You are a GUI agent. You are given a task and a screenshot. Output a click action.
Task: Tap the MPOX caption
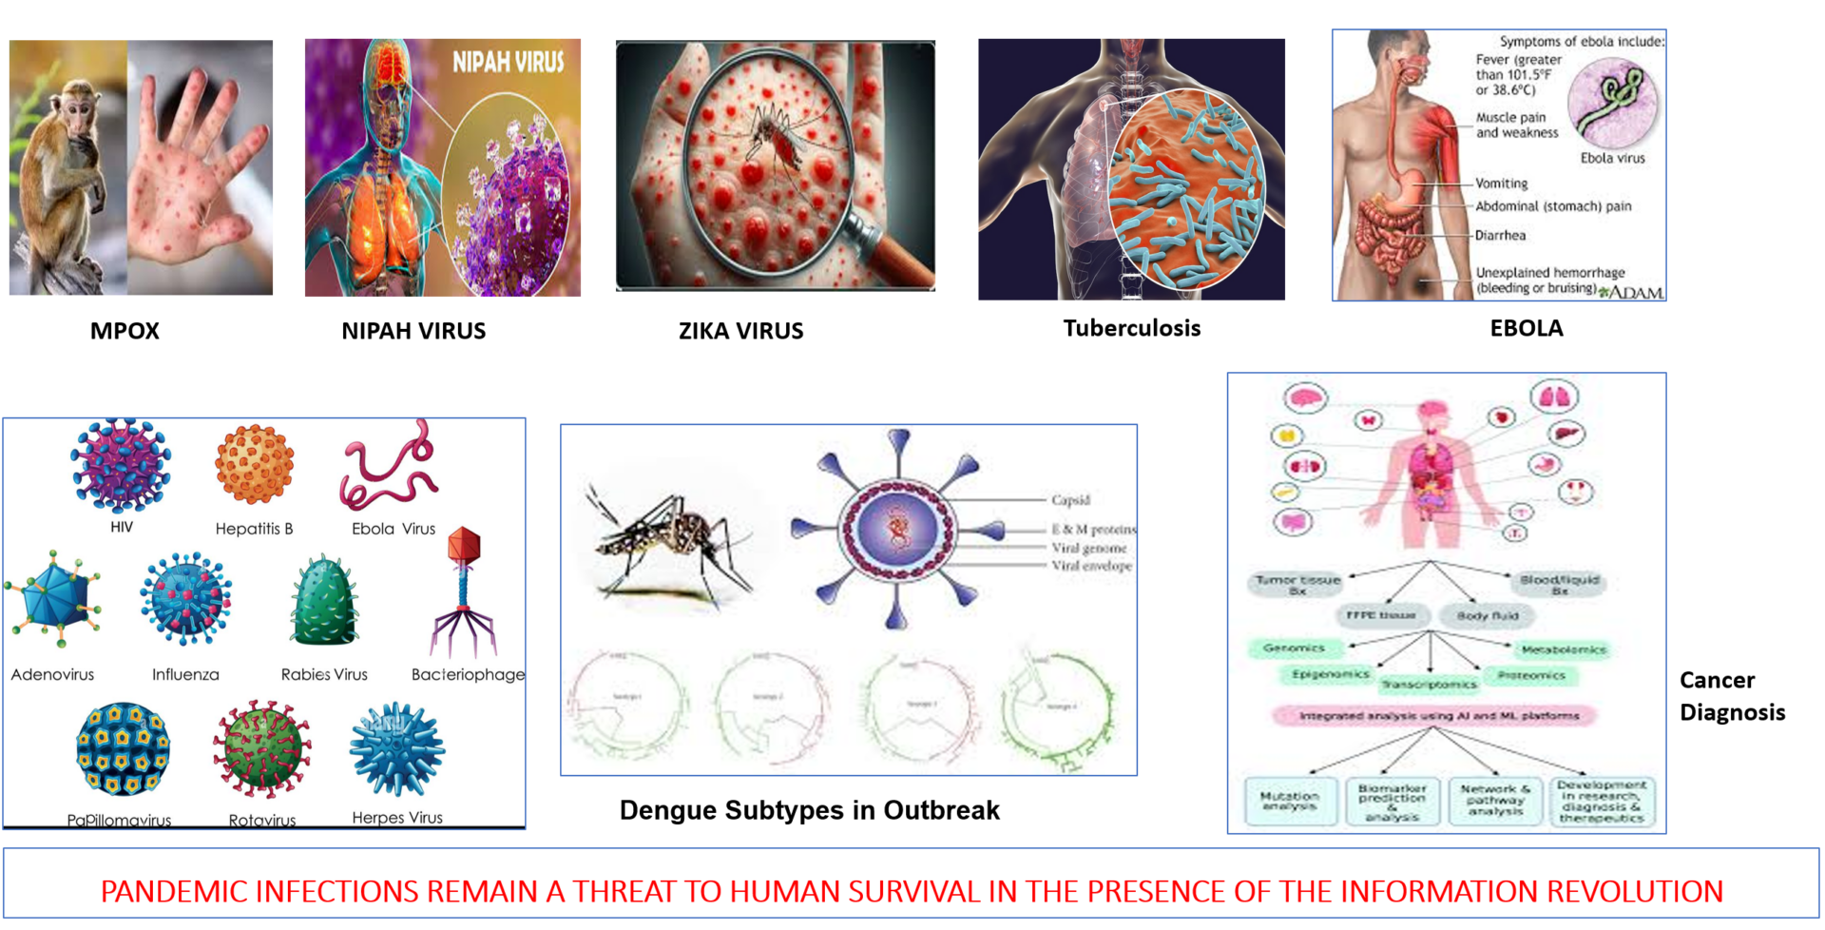coord(125,331)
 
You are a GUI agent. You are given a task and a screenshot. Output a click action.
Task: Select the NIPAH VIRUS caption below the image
coord(413,331)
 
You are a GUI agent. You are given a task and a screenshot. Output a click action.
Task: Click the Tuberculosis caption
coord(1131,328)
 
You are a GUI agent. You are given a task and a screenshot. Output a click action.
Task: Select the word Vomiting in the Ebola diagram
coord(1501,184)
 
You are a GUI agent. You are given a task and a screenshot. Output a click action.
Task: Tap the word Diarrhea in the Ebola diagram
coord(1500,235)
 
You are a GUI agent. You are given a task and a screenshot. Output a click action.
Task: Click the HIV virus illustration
coord(121,466)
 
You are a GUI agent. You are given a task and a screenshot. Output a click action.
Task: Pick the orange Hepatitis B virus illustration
coord(254,464)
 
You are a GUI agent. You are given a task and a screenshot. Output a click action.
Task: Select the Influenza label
coord(185,674)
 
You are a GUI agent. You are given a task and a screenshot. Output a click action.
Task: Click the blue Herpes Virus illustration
coord(397,749)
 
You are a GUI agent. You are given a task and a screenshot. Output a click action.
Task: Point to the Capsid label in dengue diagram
coord(1070,500)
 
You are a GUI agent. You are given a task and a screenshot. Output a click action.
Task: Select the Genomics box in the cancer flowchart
coord(1294,648)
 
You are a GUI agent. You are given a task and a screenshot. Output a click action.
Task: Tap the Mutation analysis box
coord(1290,801)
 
